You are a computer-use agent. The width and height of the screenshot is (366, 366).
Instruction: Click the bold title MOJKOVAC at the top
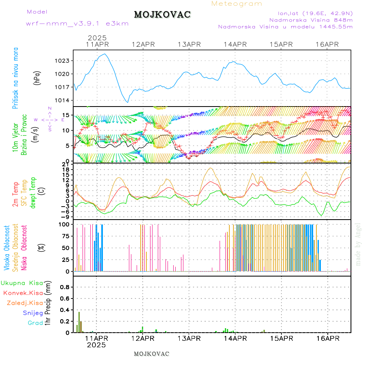162,15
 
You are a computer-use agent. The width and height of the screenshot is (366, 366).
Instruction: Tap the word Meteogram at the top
237,4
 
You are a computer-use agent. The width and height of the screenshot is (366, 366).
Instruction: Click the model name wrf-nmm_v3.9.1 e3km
77,24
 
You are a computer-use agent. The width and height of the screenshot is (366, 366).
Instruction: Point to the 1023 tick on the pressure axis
64,61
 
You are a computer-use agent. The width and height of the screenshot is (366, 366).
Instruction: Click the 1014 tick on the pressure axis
64,100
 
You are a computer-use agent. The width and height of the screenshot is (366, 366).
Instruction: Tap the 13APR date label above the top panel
189,44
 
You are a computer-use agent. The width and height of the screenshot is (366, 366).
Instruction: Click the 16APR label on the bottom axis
327,338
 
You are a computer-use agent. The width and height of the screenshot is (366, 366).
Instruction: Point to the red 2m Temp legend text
15,194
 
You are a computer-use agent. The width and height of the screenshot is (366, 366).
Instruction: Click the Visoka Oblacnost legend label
7,248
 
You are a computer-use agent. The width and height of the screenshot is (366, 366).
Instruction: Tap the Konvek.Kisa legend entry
23,293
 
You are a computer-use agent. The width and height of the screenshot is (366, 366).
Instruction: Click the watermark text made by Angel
358,244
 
